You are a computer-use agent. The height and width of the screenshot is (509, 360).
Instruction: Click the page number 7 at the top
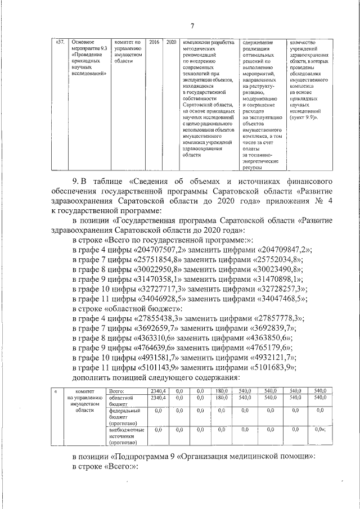[x=192, y=26]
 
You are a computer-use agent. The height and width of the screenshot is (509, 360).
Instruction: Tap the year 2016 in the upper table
[x=154, y=42]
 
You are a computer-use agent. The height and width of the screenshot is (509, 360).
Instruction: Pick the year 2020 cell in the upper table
[x=172, y=42]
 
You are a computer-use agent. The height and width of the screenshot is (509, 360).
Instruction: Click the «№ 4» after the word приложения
[x=324, y=201]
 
